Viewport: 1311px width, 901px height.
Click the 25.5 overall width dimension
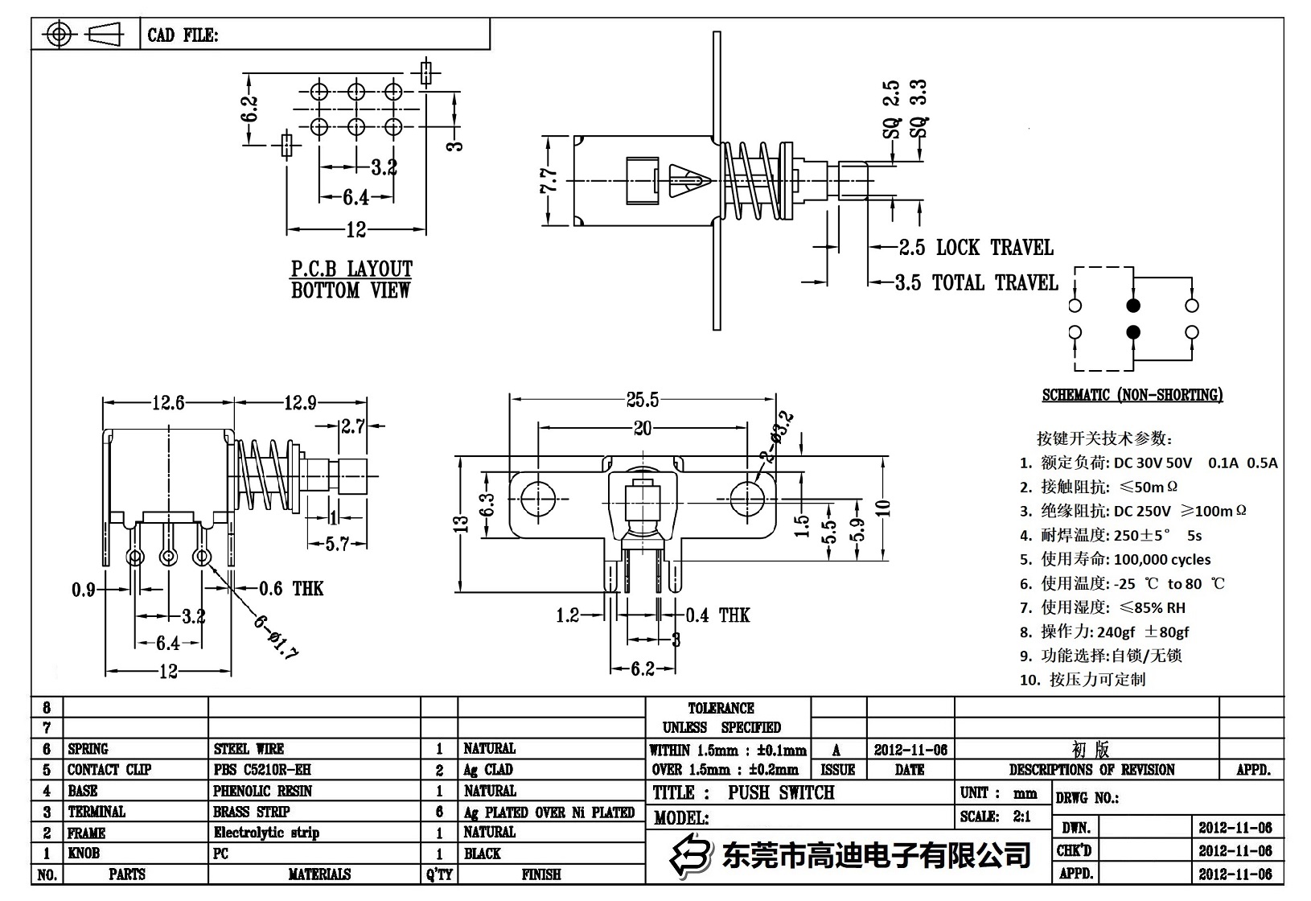click(642, 399)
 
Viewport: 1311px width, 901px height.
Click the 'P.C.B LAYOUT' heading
click(351, 269)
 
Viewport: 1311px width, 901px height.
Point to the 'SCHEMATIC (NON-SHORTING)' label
click(1132, 395)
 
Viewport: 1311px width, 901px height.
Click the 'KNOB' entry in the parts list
click(83, 854)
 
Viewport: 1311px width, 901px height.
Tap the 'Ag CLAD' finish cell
click(488, 770)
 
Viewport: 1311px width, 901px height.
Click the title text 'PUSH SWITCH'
click(780, 792)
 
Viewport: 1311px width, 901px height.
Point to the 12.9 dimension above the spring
click(299, 403)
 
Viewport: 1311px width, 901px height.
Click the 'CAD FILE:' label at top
click(182, 35)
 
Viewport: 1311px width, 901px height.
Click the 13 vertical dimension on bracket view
click(461, 524)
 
